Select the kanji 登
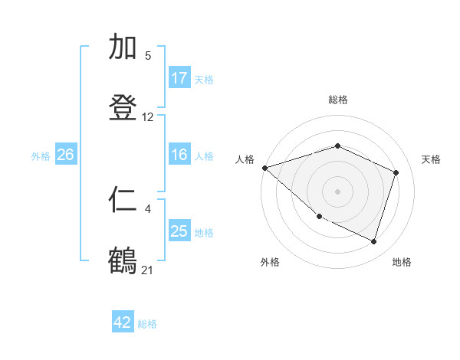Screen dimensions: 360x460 [x=123, y=108]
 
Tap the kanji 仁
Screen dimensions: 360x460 [x=123, y=201]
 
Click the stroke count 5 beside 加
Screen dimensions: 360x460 [x=148, y=56]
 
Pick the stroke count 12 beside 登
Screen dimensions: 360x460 [x=148, y=117]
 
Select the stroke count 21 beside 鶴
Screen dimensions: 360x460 [x=148, y=270]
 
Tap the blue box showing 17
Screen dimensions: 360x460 [x=179, y=78]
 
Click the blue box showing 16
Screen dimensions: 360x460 [x=179, y=155]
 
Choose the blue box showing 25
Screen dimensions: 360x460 [x=179, y=231]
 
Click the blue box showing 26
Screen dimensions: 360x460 [x=65, y=155]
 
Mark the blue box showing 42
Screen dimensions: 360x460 [x=123, y=323]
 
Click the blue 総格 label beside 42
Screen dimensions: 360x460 [x=147, y=324]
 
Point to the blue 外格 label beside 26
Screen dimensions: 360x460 [x=41, y=156]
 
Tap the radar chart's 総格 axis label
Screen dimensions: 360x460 [x=338, y=100]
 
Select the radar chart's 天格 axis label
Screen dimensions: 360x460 [x=432, y=159]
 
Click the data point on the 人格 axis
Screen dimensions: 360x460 [x=264, y=167]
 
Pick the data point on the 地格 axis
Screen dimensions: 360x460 [x=374, y=242]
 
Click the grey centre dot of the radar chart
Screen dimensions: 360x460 [x=338, y=191]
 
